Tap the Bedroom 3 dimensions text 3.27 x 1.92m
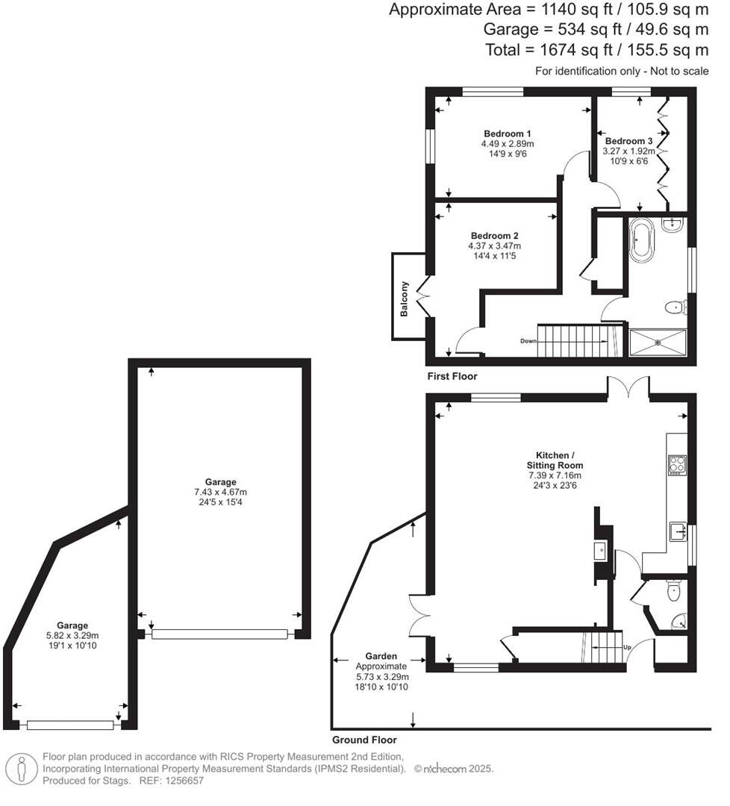tap(628, 151)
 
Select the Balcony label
tap(405, 299)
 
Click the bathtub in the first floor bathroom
tap(641, 240)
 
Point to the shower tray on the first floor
tap(658, 343)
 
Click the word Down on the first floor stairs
tap(529, 341)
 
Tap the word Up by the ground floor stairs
tap(627, 647)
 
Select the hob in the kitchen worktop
tap(677, 465)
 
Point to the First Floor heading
tap(452, 376)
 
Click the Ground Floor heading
tap(364, 740)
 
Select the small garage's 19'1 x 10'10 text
tap(72, 646)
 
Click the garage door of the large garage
tap(219, 634)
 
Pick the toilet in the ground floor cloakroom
tap(674, 592)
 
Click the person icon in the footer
tap(22, 768)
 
